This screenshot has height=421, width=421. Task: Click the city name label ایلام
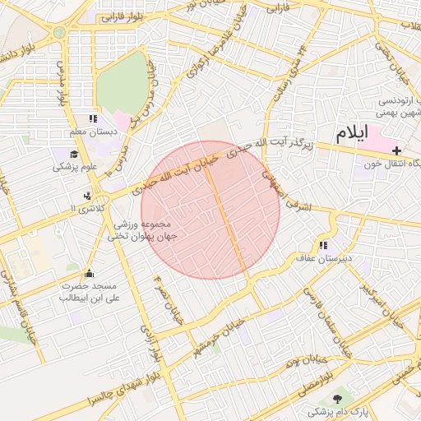coord(351,133)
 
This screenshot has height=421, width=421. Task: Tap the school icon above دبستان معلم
coord(93,119)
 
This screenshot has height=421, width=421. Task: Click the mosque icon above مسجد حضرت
coord(89,273)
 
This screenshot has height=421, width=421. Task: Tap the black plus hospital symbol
coord(397,150)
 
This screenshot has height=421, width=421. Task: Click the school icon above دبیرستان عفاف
coord(323,245)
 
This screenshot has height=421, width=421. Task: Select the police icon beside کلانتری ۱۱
coord(87,196)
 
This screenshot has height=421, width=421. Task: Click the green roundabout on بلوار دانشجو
coord(58,32)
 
